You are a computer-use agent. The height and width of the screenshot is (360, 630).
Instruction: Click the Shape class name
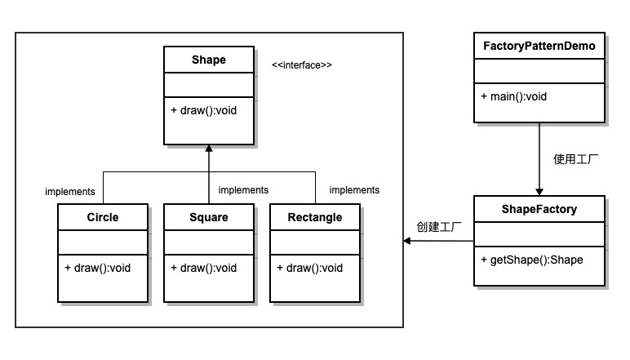tap(208, 60)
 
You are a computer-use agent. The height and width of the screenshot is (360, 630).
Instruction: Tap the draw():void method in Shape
tap(204, 110)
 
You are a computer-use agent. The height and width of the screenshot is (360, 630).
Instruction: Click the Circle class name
tap(103, 217)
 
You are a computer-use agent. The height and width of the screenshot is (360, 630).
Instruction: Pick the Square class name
tap(208, 217)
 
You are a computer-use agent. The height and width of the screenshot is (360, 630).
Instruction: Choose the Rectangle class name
tap(315, 217)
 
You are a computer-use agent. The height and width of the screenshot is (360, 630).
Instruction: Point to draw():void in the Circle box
tap(98, 268)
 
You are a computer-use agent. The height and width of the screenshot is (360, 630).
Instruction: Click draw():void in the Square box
tap(204, 268)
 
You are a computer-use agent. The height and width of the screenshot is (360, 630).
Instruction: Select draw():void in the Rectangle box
tap(310, 268)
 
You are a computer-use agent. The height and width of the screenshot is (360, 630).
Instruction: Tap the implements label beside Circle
tap(70, 192)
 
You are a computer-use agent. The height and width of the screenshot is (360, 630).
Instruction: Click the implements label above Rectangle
tap(354, 190)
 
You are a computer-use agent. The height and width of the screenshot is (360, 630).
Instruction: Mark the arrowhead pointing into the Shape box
tap(209, 150)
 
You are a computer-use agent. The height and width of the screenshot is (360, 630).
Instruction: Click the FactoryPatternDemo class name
tap(539, 46)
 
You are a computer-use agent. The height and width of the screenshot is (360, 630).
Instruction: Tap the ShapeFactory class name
tap(539, 209)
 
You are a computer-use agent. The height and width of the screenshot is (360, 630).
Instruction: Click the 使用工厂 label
tap(576, 159)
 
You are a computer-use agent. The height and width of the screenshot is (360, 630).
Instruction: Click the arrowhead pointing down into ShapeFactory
tap(539, 191)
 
